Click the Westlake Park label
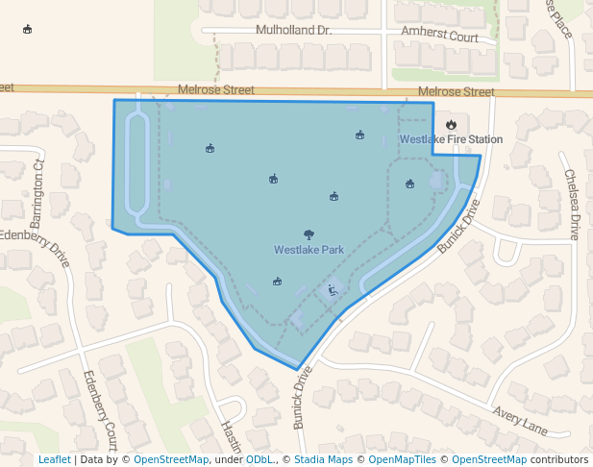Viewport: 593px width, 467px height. (309, 250)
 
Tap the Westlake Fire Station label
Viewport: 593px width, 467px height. (451, 139)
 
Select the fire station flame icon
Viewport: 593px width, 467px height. (451, 124)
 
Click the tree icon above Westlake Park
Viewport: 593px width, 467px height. (309, 234)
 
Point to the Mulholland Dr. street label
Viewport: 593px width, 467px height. (293, 31)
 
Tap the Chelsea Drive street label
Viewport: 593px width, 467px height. (572, 205)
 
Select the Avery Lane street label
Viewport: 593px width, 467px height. (520, 419)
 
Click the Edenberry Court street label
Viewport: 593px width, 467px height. (100, 404)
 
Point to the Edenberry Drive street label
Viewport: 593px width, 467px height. (37, 249)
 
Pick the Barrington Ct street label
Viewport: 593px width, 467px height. (37, 188)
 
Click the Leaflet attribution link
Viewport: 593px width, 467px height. (54, 459)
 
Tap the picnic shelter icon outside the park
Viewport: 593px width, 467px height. (27, 29)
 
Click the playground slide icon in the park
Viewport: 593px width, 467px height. (332, 289)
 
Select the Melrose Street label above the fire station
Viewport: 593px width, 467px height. (457, 92)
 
